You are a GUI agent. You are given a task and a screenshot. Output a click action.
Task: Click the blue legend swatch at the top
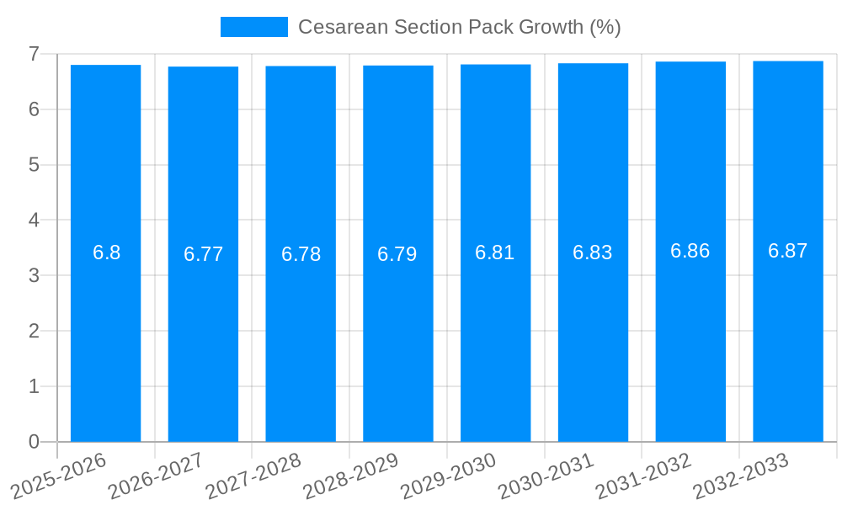(x=253, y=27)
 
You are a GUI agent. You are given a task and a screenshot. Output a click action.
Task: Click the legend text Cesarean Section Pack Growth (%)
(x=459, y=27)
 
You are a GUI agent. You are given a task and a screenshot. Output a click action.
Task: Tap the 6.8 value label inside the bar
(x=106, y=252)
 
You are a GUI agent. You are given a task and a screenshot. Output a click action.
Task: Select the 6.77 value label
(x=203, y=254)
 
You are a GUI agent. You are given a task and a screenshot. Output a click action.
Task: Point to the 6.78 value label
(x=301, y=254)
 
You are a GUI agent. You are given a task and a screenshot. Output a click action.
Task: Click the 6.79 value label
(x=397, y=254)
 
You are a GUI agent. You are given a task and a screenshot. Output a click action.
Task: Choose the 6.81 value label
(x=495, y=252)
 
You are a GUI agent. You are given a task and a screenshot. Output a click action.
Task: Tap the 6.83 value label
(x=593, y=252)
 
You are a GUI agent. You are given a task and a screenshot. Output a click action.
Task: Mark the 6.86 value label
(x=690, y=251)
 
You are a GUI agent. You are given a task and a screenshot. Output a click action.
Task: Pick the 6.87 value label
(x=788, y=251)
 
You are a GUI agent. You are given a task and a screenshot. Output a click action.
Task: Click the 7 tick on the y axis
(x=34, y=54)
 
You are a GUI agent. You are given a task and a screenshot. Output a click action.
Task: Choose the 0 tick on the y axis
(x=34, y=442)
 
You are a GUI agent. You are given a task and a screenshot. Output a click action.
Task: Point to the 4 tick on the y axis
(x=34, y=221)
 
